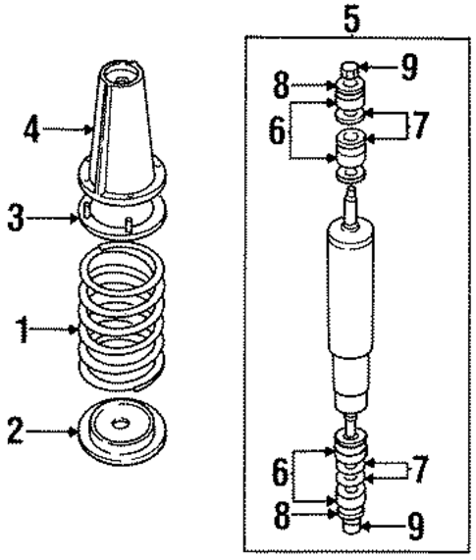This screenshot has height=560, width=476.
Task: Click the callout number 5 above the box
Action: tap(351, 16)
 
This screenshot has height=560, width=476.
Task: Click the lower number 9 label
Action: tap(414, 528)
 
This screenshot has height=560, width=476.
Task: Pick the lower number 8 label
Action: tap(282, 517)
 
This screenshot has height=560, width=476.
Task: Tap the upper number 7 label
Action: tap(420, 125)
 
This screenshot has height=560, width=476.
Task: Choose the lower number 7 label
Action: tap(420, 470)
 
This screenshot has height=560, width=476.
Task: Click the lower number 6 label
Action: tap(282, 475)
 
